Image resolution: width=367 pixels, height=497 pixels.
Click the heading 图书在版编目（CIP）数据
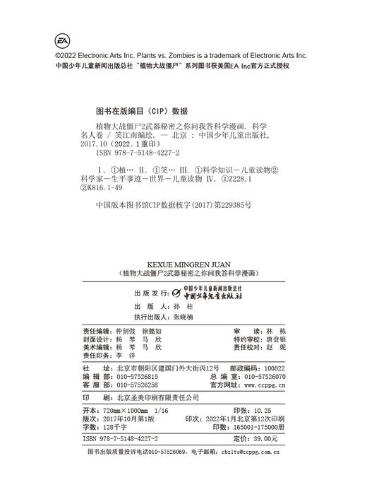click(x=141, y=111)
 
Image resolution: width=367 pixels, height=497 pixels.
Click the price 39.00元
click(x=265, y=439)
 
